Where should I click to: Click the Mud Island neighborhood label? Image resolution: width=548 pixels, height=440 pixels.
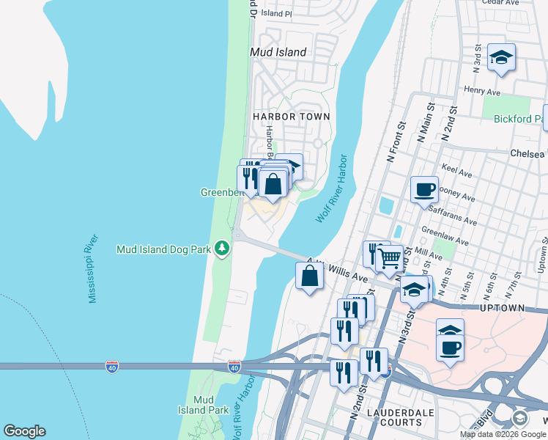[278, 52]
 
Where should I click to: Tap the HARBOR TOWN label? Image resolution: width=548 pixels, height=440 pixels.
[291, 117]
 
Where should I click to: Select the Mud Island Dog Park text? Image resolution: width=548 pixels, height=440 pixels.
[163, 249]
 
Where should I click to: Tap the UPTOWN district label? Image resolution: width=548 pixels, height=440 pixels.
[503, 309]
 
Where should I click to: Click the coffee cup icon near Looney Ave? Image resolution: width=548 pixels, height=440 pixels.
[424, 190]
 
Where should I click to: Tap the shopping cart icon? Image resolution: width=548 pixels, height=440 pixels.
[390, 257]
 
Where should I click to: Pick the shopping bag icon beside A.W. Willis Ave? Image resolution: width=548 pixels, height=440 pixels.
[309, 276]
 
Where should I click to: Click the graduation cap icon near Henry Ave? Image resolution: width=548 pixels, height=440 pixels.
[501, 57]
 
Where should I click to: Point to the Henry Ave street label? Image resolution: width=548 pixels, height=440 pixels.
[482, 91]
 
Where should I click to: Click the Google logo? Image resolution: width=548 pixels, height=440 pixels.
[24, 431]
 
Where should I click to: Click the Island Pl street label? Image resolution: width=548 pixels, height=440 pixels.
[276, 13]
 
